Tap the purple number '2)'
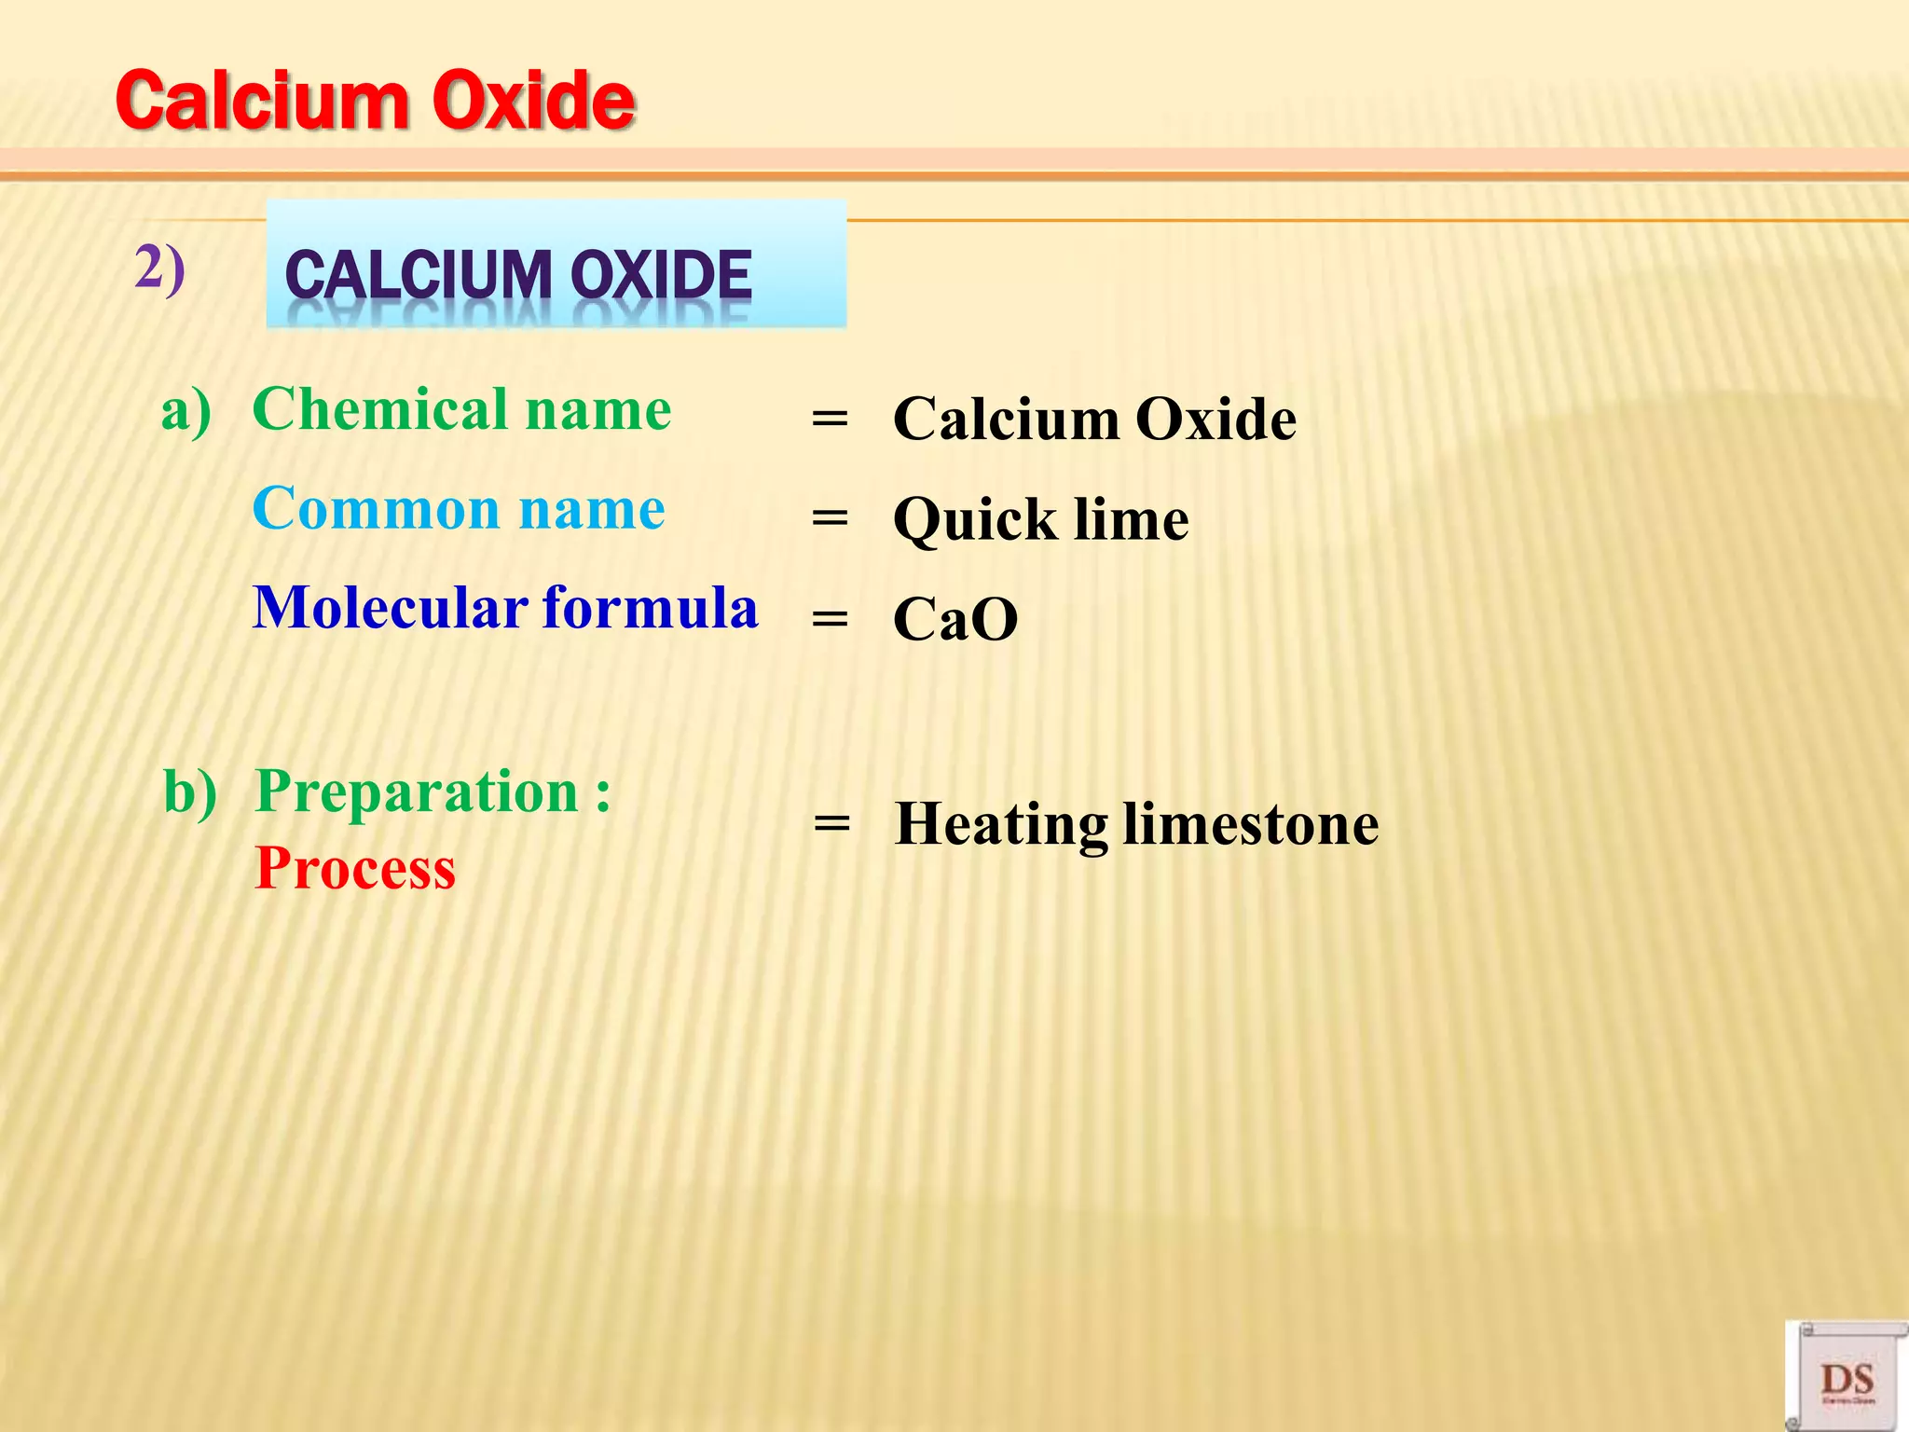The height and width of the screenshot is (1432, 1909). coord(160,269)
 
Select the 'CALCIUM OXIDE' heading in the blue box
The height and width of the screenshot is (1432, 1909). coord(518,275)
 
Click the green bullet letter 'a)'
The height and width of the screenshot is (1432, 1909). coord(185,411)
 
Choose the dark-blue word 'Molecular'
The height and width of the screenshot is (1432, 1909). coord(391,608)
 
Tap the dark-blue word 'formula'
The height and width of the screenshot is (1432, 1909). coord(651,608)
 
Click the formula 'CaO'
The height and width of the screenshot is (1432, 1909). coord(955,619)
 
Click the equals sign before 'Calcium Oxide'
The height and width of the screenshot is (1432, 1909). coord(830,419)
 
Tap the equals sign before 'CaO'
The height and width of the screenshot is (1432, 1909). coord(830,618)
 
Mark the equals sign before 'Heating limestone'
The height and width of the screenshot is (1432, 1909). coord(831,823)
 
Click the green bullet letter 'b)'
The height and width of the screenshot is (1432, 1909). coord(189,792)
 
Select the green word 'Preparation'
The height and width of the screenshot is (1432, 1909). coord(418,792)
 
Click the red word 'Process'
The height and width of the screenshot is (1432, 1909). coord(355,869)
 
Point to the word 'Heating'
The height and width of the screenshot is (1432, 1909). coord(1001,825)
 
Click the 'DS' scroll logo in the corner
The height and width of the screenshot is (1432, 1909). coord(1847,1378)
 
